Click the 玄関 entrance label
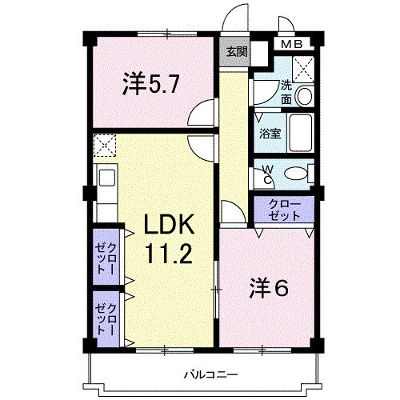(237, 52)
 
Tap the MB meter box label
(292, 44)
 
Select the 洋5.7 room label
(150, 84)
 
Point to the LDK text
(169, 225)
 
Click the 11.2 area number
(169, 254)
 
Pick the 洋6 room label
(269, 288)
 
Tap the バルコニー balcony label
(211, 374)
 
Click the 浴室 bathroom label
(270, 134)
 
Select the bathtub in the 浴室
(301, 133)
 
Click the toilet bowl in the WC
(296, 174)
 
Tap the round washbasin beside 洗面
(304, 96)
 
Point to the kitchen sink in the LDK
(107, 178)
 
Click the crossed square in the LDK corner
(105, 146)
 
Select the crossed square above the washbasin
(303, 70)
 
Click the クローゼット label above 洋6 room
(284, 210)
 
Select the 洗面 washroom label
(286, 93)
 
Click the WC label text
(268, 174)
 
